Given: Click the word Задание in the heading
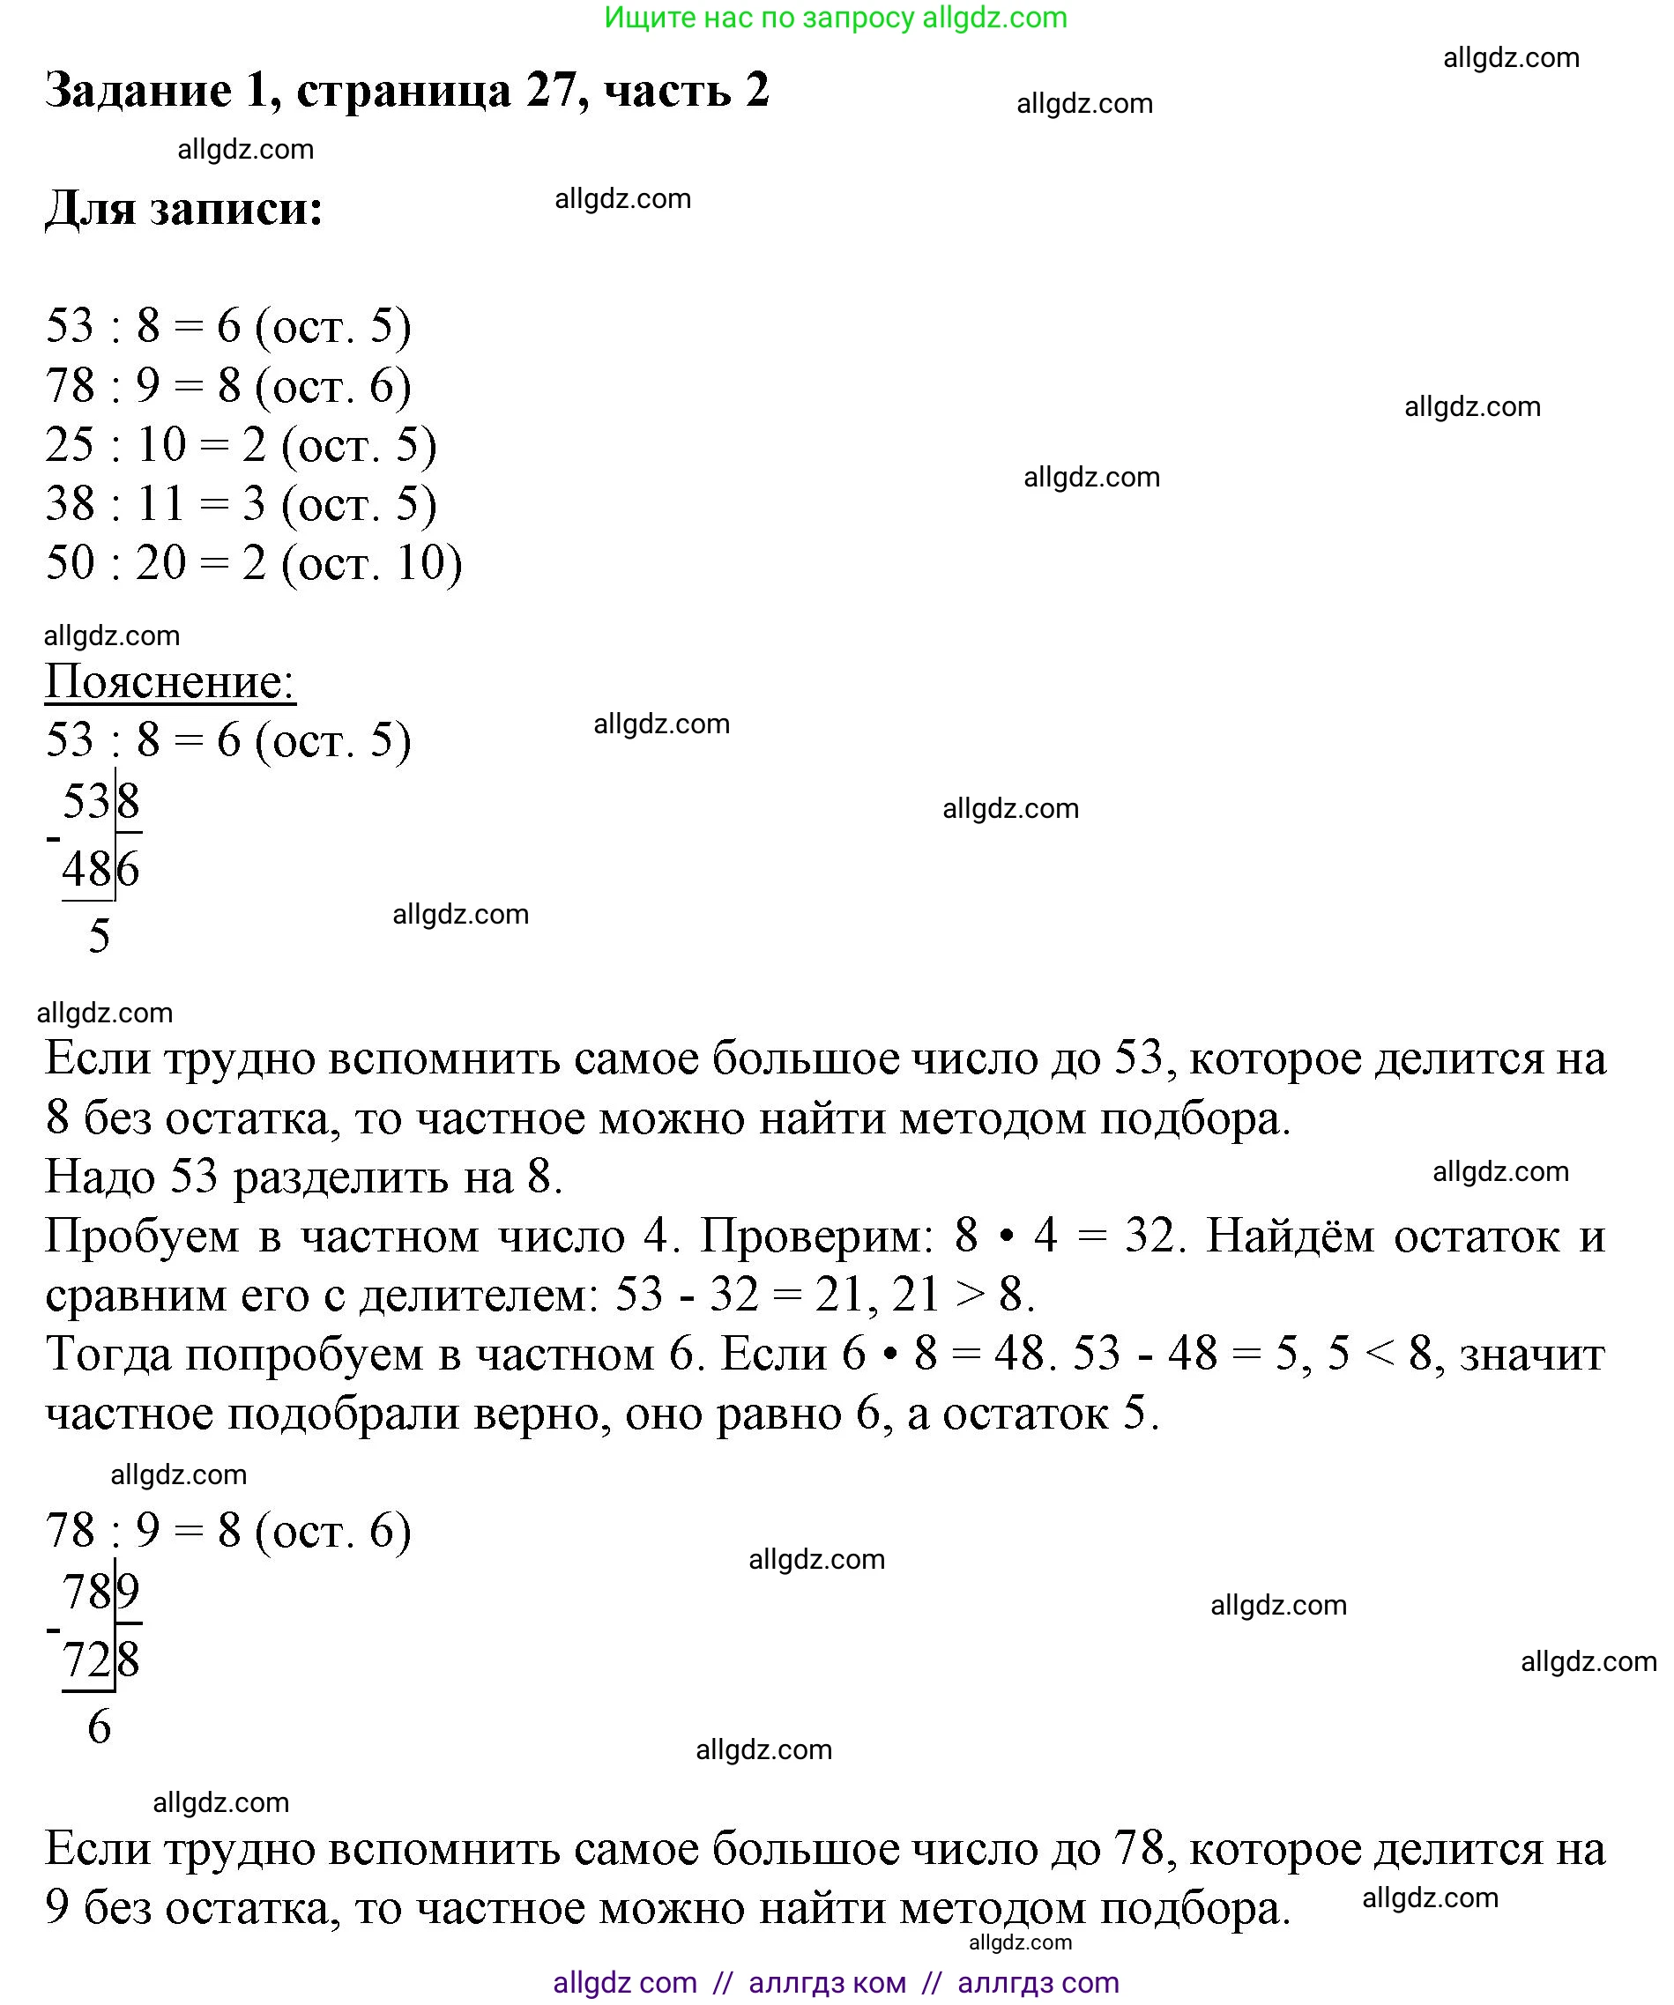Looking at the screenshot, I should click(x=138, y=92).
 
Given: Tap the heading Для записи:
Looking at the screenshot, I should click(x=184, y=207).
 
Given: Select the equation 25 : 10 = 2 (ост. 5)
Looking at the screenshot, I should click(x=241, y=445).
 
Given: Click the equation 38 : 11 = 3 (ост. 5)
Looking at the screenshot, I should click(x=241, y=504).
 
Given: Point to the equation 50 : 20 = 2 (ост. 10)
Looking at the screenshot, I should click(x=253, y=562).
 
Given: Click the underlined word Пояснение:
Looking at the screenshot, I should click(x=170, y=682).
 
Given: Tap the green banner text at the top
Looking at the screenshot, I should click(x=836, y=18).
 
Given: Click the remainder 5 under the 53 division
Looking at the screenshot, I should click(x=100, y=936).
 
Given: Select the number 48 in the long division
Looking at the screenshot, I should click(x=87, y=869).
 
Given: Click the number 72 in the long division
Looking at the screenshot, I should click(x=87, y=1660).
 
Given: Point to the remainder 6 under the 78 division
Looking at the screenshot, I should click(x=100, y=1727).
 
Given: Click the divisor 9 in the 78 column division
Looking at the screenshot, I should click(x=129, y=1592).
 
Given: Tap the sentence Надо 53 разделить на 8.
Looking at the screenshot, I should click(x=303, y=1177).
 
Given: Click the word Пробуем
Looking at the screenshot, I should click(x=142, y=1237).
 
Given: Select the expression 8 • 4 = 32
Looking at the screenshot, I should click(x=1069, y=1236).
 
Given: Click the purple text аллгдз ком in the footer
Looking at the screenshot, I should click(x=827, y=1982).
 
